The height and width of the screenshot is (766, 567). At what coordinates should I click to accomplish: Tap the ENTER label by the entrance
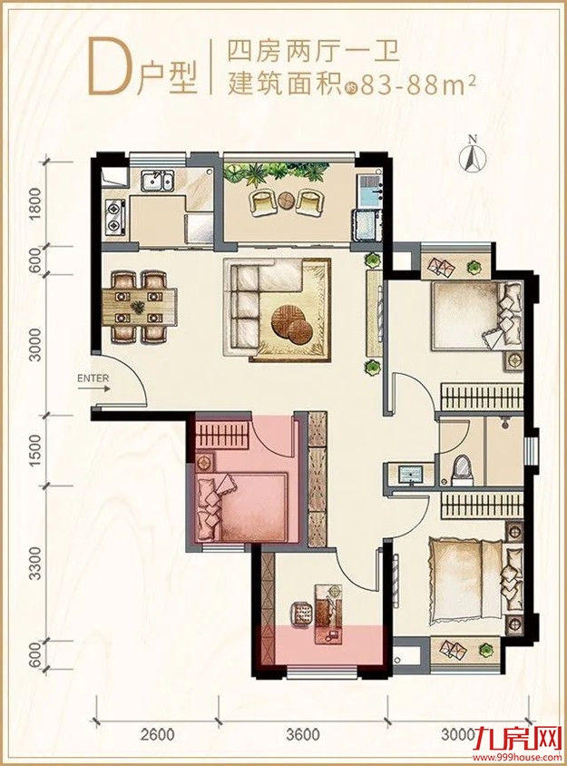[x=93, y=378]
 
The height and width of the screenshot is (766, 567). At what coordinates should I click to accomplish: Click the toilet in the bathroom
[x=461, y=470]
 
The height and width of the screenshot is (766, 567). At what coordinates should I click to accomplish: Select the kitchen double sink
[x=156, y=182]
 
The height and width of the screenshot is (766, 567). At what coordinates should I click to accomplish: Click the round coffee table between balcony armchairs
[x=285, y=200]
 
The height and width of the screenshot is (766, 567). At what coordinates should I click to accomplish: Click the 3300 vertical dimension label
[x=35, y=564]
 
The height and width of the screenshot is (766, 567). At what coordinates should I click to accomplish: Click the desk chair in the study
[x=302, y=613]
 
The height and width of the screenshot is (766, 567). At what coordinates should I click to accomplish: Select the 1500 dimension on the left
[x=35, y=449]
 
